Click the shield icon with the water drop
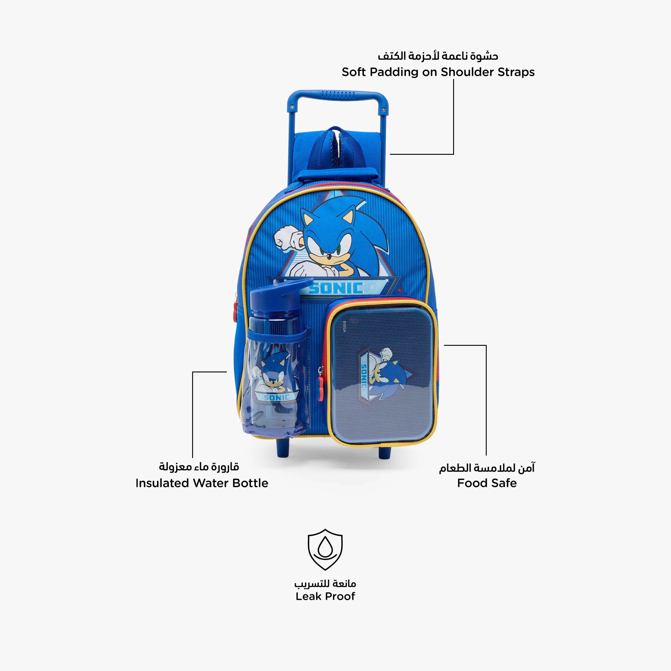pos(325,550)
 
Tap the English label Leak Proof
pos(325,596)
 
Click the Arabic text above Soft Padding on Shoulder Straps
pos(438,55)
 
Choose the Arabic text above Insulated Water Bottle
pos(199,466)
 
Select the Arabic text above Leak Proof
pos(325,583)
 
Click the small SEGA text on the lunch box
pos(344,327)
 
